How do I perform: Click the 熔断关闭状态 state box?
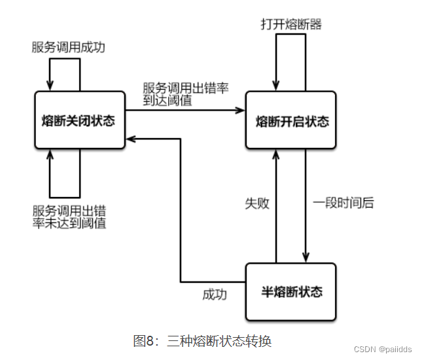pos(79,120)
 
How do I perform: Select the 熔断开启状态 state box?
pos(290,120)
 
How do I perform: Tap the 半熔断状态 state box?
pos(290,291)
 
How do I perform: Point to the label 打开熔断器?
pos(290,25)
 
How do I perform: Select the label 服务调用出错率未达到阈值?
pos(70,217)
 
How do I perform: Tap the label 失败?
pos(256,203)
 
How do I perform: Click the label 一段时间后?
pos(343,203)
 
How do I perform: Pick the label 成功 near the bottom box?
pos(215,295)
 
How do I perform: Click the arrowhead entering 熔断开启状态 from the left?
pos(240,110)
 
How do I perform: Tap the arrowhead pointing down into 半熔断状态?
pos(306,258)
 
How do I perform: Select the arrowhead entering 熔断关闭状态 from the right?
pos(130,138)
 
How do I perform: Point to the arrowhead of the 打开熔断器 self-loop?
pos(276,86)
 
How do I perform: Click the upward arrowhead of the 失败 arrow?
pos(276,154)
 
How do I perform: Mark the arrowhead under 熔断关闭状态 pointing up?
pos(50,154)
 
